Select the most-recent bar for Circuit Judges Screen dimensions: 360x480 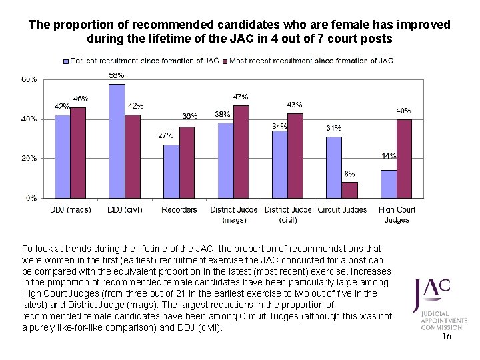pyautogui.click(x=349, y=190)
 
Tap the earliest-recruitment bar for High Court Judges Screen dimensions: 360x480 pyautogui.click(x=388, y=184)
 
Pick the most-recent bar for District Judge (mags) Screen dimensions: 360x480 pyautogui.click(x=241, y=152)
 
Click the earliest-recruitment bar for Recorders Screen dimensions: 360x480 pyautogui.click(x=171, y=171)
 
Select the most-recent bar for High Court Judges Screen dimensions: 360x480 pyautogui.click(x=404, y=159)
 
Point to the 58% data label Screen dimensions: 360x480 pyautogui.click(x=117, y=75)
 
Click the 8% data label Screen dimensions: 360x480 pyautogui.click(x=349, y=173)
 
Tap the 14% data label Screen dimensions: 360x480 pyautogui.click(x=389, y=156)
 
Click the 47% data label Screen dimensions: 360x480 pyautogui.click(x=241, y=97)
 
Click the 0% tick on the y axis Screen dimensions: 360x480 pyautogui.click(x=31, y=198)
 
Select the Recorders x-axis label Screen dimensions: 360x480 pyautogui.click(x=179, y=210)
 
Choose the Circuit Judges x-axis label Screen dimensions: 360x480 pyautogui.click(x=343, y=210)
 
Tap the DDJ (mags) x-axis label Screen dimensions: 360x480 pyautogui.click(x=71, y=210)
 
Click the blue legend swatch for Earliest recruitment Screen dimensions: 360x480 pyautogui.click(x=66, y=61)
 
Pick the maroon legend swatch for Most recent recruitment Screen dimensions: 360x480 pyautogui.click(x=225, y=61)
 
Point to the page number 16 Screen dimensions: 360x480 pyautogui.click(x=446, y=337)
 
